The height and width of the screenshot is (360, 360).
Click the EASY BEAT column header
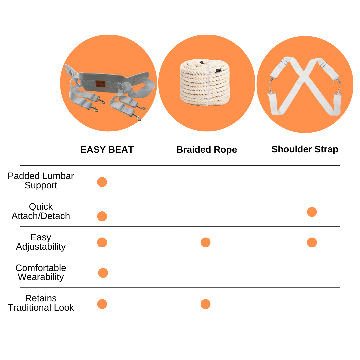pyautogui.click(x=107, y=150)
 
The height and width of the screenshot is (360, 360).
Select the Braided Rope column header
pyautogui.click(x=207, y=150)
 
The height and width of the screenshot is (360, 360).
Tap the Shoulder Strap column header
pyautogui.click(x=305, y=149)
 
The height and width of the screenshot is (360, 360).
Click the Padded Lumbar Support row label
pyautogui.click(x=41, y=181)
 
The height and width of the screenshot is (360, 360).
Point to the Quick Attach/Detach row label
pyautogui.click(x=41, y=211)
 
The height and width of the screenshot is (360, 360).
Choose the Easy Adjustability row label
pyautogui.click(x=41, y=242)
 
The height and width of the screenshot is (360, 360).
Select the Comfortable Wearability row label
pyautogui.click(x=41, y=272)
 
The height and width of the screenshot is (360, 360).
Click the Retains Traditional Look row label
pyautogui.click(x=41, y=303)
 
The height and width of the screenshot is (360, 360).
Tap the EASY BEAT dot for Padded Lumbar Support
pyautogui.click(x=102, y=182)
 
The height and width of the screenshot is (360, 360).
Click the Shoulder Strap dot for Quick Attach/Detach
pyautogui.click(x=312, y=212)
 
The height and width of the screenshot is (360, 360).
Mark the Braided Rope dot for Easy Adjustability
pyautogui.click(x=205, y=242)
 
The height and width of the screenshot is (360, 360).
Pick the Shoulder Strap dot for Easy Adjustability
pyautogui.click(x=312, y=242)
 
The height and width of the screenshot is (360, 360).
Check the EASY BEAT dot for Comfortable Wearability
pyautogui.click(x=103, y=273)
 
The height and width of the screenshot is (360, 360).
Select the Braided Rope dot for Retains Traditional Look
pyautogui.click(x=205, y=304)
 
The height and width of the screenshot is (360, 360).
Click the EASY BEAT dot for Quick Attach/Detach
pyautogui.click(x=102, y=216)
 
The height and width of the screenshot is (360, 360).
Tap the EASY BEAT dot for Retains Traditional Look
pyautogui.click(x=102, y=304)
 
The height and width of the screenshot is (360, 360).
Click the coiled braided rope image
pyautogui.click(x=205, y=82)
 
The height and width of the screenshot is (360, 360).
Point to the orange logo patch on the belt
pyautogui.click(x=100, y=84)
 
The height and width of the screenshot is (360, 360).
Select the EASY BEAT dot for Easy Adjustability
pyautogui.click(x=102, y=242)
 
